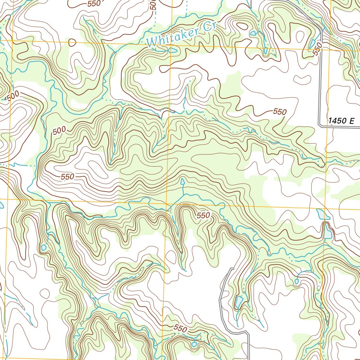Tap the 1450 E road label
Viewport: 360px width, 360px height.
[x=341, y=121]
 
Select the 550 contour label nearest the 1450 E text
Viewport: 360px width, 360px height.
[x=280, y=112]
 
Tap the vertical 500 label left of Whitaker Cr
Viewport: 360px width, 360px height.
[x=153, y=5]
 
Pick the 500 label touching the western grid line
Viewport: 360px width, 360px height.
[x=13, y=95]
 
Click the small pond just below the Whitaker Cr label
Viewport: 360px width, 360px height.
[x=173, y=50]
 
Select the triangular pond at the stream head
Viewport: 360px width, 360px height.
[x=182, y=182]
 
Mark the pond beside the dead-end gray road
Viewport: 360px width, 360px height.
[x=239, y=301]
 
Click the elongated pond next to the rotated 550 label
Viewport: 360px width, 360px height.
[x=312, y=43]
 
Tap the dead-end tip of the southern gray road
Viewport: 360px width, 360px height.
[x=231, y=269]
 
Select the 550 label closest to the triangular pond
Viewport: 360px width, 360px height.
[x=203, y=215]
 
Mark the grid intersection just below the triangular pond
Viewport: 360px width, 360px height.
[x=166, y=204]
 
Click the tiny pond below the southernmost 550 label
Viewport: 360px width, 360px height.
[x=194, y=345]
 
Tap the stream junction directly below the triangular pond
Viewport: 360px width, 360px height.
[x=183, y=194]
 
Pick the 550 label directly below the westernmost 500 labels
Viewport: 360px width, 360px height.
[x=67, y=176]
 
